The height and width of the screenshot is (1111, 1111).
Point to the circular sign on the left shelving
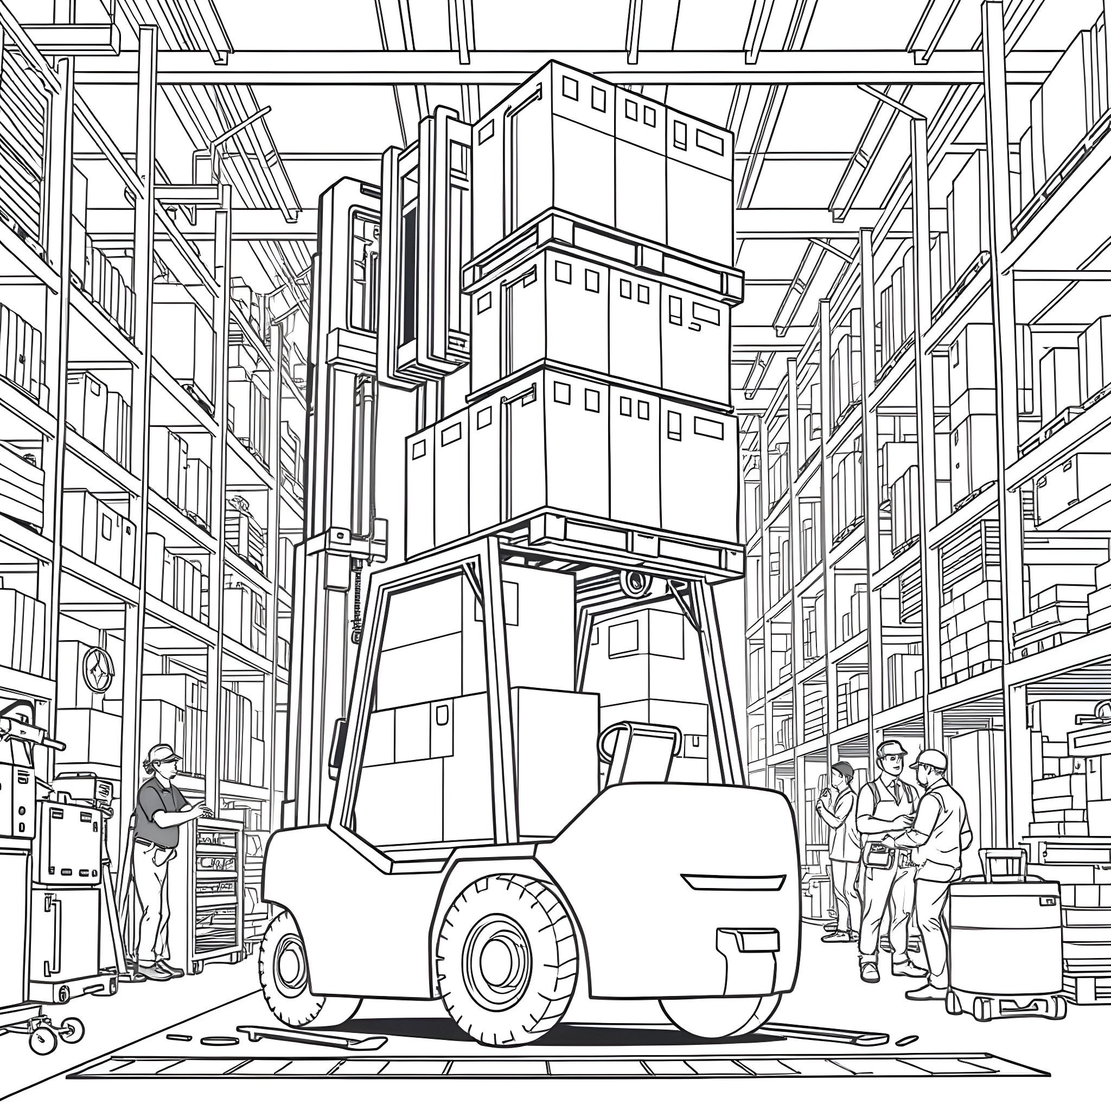98,670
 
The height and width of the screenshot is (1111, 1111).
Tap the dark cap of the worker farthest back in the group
843,768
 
